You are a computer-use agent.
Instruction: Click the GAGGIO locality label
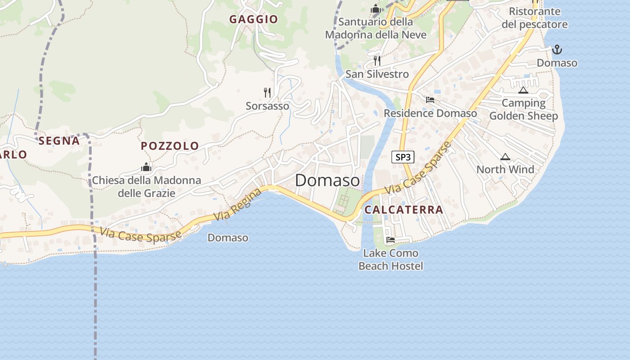[254, 19]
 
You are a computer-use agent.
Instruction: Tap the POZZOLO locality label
[170, 146]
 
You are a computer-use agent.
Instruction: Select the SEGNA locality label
[59, 141]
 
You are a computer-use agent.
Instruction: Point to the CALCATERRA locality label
[404, 210]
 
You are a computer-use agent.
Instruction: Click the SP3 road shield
[403, 157]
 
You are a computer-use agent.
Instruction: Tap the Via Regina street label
[238, 205]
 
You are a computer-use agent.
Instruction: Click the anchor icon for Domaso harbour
[557, 49]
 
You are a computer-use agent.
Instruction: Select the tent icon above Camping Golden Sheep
[523, 90]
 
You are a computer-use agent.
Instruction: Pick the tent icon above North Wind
[505, 157]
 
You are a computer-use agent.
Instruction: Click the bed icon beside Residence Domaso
[430, 100]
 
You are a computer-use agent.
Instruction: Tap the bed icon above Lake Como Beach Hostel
[391, 240]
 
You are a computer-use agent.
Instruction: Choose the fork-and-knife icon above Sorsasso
[267, 93]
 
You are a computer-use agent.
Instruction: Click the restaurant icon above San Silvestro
[377, 60]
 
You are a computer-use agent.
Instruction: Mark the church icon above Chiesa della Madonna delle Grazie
[146, 167]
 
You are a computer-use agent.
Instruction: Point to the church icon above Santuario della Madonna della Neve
[376, 9]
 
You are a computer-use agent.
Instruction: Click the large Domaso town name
[328, 180]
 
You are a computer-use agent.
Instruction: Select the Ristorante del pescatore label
[535, 18]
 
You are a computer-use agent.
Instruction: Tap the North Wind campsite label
[505, 170]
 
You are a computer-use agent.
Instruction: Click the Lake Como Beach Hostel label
[391, 260]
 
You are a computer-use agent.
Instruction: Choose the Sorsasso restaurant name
[267, 106]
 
